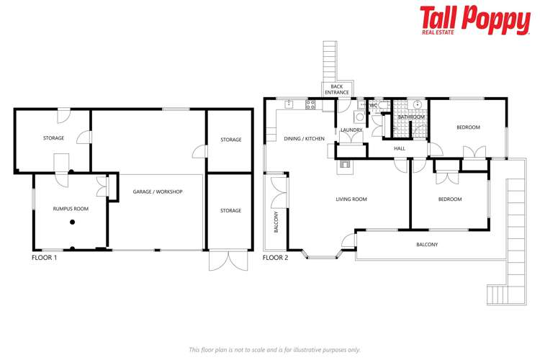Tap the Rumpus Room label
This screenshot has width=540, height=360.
pos(71,209)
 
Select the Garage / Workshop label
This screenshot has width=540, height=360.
pos(158,192)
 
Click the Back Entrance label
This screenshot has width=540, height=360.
pos(336,89)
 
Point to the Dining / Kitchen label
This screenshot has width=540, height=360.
pos(304,138)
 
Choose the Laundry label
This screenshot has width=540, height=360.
pos(351,130)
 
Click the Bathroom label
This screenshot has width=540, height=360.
pos(411,117)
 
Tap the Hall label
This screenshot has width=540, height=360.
pos(400,148)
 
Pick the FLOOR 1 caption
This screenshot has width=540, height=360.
pos(45,257)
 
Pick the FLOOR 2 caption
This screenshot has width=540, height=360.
pos(275,257)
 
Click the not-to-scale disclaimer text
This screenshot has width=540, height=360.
pos(274,349)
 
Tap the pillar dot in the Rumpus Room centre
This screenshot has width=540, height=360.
pos(72,222)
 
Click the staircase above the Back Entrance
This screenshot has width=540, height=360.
pos(330,60)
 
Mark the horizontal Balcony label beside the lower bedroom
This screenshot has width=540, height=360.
pos(427,245)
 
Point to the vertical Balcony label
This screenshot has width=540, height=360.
pos(276,222)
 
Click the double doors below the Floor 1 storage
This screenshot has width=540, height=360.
pos(222,260)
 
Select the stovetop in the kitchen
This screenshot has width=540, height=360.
pos(311,104)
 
